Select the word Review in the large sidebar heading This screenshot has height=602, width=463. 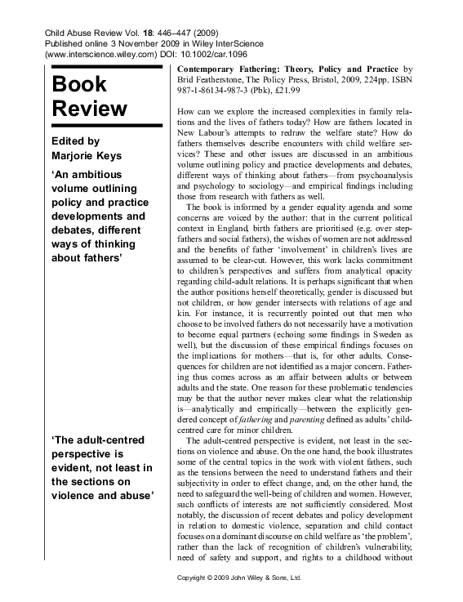90,109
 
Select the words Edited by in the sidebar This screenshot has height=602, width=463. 76,140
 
